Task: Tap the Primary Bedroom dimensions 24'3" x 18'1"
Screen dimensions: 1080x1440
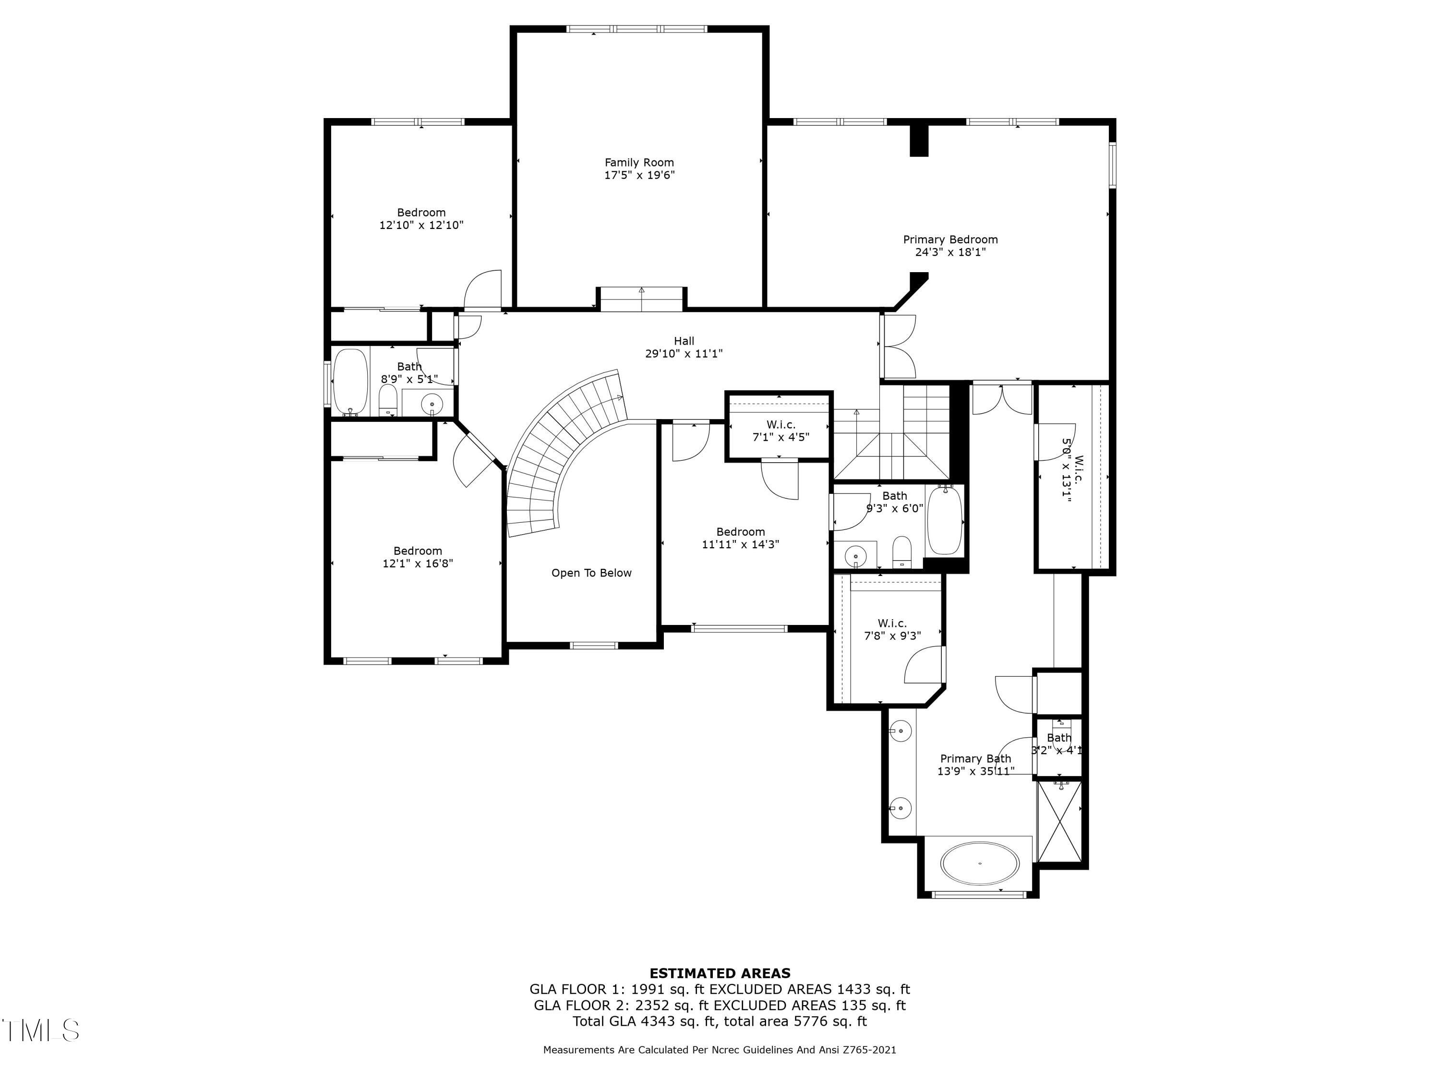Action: click(x=950, y=252)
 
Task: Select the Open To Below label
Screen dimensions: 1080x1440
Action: click(x=591, y=573)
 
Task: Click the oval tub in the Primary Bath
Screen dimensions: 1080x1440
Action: click(x=980, y=864)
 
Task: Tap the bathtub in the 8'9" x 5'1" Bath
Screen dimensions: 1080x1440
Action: click(x=350, y=383)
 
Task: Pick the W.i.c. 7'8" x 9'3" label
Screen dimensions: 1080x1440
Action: click(x=892, y=629)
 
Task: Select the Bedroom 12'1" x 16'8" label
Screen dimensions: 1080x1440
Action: click(x=417, y=557)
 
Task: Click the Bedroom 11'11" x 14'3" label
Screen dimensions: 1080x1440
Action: click(x=740, y=538)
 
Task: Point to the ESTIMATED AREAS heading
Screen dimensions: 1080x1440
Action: click(x=720, y=973)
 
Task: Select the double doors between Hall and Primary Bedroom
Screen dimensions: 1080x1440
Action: click(x=899, y=347)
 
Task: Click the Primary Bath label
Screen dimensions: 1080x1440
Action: click(x=975, y=758)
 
